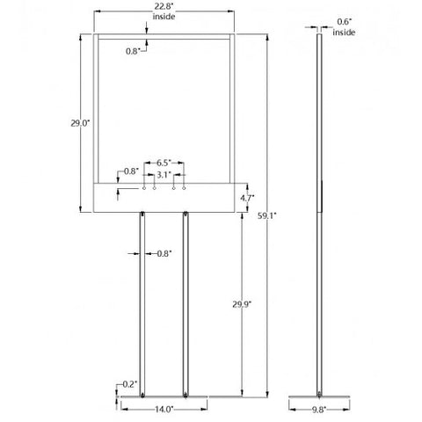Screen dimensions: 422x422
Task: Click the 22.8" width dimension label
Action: point(164,7)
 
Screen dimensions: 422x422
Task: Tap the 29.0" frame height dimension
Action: point(80,123)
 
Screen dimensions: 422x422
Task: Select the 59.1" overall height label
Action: point(267,216)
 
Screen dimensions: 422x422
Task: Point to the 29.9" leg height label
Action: point(242,305)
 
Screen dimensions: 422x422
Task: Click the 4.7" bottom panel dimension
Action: point(247,198)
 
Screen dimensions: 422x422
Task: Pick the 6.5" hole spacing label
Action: point(164,163)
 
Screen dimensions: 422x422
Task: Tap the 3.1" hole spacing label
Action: point(164,175)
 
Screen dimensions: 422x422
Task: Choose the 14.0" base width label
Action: point(164,409)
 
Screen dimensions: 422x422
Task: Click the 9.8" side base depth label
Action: point(319,410)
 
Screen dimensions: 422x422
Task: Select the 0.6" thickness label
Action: point(345,22)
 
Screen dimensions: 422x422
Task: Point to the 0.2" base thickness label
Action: point(129,384)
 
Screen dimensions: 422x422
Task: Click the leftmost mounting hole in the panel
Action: point(144,188)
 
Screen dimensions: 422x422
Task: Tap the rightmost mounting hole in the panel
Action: point(184,188)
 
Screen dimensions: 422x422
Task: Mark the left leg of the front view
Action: point(142,304)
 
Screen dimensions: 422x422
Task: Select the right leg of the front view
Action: point(186,304)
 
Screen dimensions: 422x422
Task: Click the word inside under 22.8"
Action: point(164,17)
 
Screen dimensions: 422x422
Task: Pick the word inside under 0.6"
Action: point(344,33)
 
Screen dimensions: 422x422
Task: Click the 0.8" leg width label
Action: point(164,254)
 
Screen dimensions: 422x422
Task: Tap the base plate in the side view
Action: point(319,397)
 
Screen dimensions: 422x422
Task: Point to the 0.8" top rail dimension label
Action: point(133,51)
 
